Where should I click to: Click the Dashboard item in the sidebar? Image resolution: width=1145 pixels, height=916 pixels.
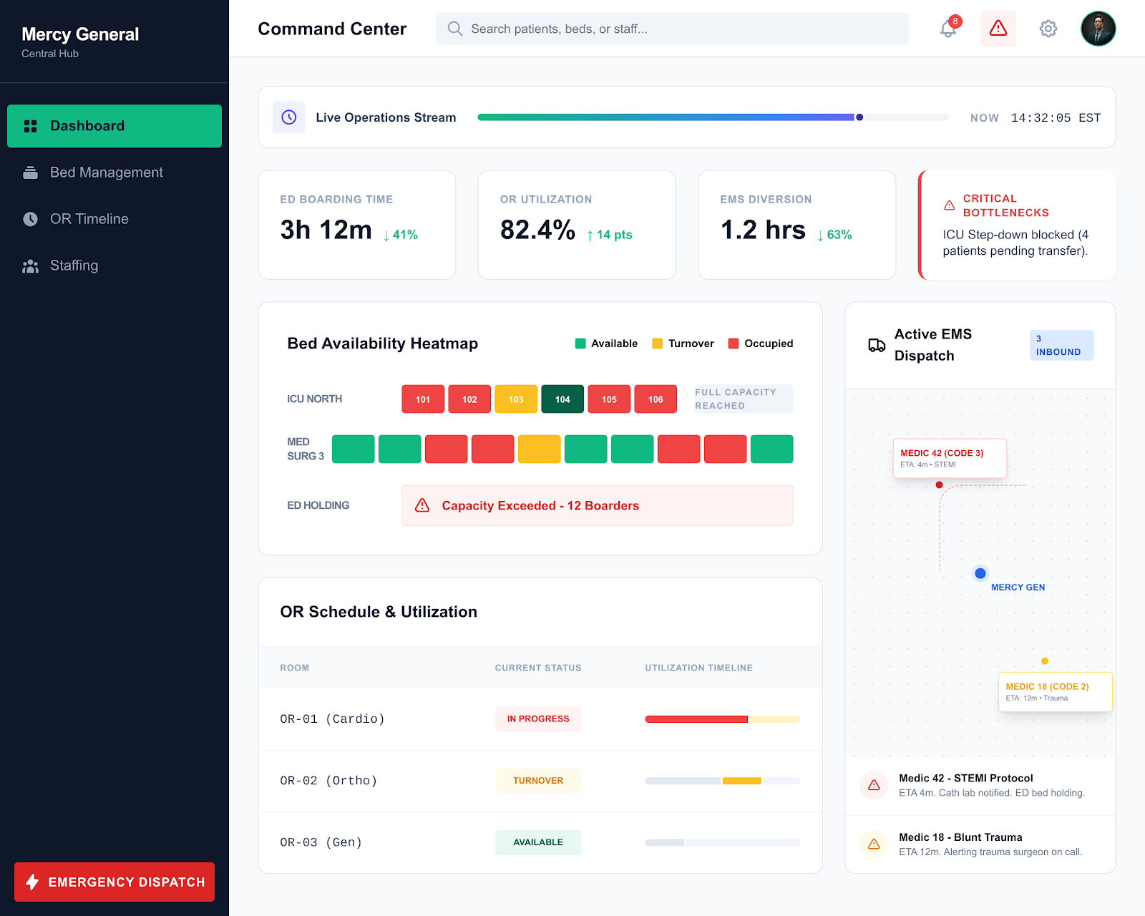[x=114, y=126]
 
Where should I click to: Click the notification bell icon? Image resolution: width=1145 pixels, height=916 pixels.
[x=948, y=29]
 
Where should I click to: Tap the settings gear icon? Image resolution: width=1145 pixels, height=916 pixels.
[x=1048, y=29]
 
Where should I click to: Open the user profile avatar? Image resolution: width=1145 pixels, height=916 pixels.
[x=1098, y=29]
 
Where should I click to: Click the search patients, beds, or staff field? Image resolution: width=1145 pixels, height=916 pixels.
[x=671, y=29]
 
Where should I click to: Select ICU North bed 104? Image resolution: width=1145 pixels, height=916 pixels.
[x=562, y=399]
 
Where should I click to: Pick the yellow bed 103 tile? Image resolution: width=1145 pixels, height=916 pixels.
[x=515, y=399]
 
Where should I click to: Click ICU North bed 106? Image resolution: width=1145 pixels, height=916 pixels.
[x=656, y=399]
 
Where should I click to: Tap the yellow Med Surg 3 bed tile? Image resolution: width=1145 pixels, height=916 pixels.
[x=539, y=449]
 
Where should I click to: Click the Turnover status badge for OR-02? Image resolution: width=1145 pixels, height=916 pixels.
[x=538, y=780]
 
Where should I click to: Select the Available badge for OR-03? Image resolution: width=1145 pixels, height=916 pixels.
[x=538, y=842]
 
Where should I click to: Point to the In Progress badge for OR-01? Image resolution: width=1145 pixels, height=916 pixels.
[x=538, y=718]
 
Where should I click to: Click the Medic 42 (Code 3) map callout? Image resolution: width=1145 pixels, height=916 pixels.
[x=949, y=458]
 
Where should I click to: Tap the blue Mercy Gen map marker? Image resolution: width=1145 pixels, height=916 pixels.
[x=980, y=573]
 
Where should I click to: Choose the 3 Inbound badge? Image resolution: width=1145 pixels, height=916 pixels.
[x=1061, y=345]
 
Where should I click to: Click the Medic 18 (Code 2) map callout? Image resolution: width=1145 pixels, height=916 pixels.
[x=1055, y=692]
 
